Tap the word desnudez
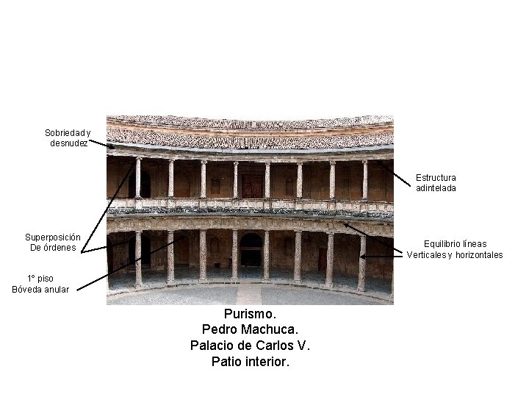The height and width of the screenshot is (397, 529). click(69, 143)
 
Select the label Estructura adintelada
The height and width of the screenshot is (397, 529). click(436, 182)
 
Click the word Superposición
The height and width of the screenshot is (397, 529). click(53, 237)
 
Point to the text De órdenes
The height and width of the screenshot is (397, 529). click(53, 248)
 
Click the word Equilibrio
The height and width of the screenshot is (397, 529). click(445, 244)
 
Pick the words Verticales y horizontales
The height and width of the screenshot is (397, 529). click(455, 255)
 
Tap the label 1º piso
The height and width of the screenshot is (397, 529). click(40, 279)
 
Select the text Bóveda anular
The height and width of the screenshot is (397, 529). click(40, 289)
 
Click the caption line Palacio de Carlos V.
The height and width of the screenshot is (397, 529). click(251, 346)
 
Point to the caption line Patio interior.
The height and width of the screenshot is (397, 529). click(251, 361)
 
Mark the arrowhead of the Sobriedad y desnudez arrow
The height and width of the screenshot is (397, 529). click(113, 147)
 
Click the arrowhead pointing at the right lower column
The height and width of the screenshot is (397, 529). click(362, 257)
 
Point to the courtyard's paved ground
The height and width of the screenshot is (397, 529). click(250, 296)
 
